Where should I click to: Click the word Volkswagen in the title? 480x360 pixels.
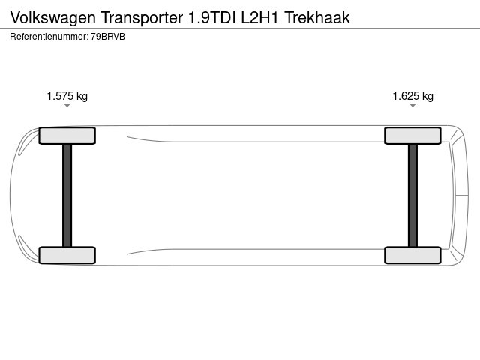pyautogui.click(x=53, y=18)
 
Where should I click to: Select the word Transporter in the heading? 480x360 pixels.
pyautogui.click(x=142, y=17)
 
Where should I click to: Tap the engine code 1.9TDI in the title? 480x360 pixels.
pyautogui.click(x=212, y=17)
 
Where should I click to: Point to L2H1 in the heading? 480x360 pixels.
pyautogui.click(x=260, y=17)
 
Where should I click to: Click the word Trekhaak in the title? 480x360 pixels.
pyautogui.click(x=317, y=17)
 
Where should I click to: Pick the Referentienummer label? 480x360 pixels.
pyautogui.click(x=49, y=37)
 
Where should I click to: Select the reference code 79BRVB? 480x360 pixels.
pyautogui.click(x=108, y=37)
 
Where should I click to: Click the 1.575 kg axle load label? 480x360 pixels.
pyautogui.click(x=67, y=96)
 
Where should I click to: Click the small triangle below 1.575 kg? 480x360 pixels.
pyautogui.click(x=67, y=106)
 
